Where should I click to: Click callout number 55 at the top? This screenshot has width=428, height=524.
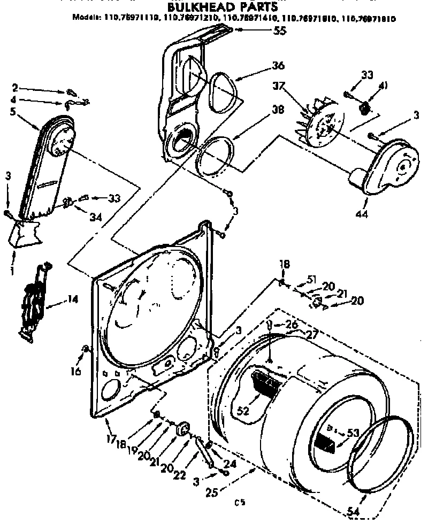[x=279, y=30]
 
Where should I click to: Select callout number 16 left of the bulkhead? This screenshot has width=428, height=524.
[x=77, y=371]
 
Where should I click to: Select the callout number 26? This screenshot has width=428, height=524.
[x=291, y=323]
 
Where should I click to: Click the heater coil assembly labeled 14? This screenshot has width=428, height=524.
[x=33, y=299]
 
